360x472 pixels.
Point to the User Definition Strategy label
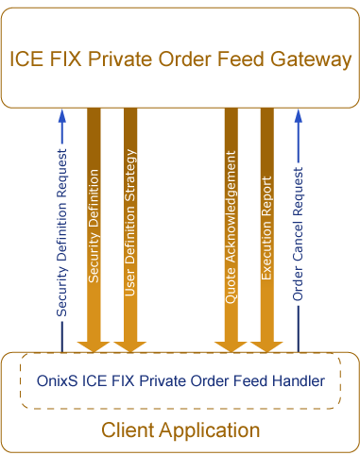(x=130, y=222)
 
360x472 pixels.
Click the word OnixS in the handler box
(x=56, y=380)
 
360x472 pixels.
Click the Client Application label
(x=180, y=430)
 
